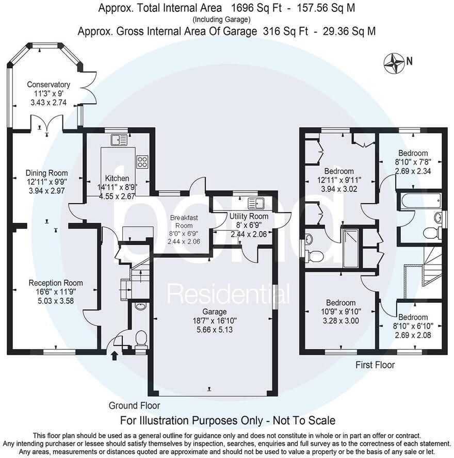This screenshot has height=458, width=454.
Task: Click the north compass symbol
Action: tap(395, 62)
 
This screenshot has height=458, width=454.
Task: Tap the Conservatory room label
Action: tap(48, 85)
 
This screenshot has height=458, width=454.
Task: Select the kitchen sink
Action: tap(119, 140)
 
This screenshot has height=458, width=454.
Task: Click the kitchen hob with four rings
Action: tap(142, 161)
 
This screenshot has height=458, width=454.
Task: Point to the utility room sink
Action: tap(255, 202)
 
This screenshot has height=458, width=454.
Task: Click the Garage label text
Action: tap(214, 312)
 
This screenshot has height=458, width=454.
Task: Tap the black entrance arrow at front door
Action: tap(115, 355)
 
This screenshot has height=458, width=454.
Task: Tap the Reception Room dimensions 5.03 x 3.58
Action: tap(55, 301)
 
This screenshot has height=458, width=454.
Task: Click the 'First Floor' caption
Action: tap(375, 365)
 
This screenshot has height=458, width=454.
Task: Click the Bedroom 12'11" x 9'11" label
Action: tap(338, 171)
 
